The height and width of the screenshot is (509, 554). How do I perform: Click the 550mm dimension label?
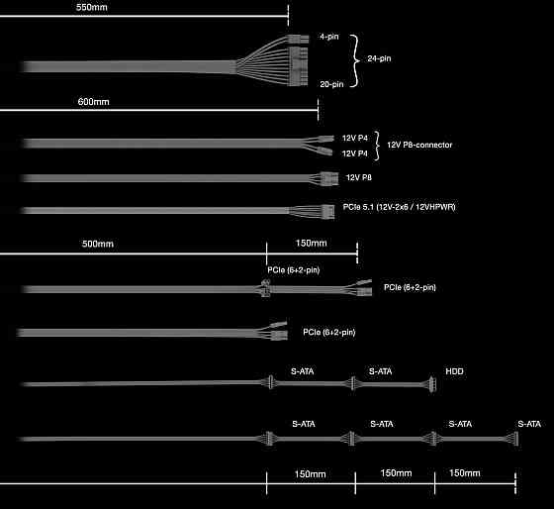(92, 7)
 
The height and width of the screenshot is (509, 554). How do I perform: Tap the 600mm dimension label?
(94, 102)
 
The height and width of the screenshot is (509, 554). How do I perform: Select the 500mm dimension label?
(98, 244)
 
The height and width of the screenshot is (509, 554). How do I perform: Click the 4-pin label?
(329, 37)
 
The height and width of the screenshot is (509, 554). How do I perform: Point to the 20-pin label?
(331, 84)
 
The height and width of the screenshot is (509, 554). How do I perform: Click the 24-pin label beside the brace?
(379, 58)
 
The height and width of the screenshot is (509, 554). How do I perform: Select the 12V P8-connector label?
(419, 145)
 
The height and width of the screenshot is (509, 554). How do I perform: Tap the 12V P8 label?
(358, 177)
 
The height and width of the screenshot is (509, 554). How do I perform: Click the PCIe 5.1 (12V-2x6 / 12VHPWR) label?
(400, 207)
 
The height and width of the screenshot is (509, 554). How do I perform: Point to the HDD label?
(454, 371)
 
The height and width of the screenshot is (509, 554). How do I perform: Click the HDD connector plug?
(432, 384)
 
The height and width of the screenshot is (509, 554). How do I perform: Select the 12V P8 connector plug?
(329, 178)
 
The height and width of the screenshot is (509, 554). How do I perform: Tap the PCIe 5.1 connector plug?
(327, 212)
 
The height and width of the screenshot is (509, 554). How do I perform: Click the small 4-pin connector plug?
(299, 39)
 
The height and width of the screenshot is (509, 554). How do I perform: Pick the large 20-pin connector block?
(299, 66)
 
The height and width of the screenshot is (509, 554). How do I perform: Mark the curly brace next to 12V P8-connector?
(377, 146)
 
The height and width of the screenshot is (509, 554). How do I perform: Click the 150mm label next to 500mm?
(312, 244)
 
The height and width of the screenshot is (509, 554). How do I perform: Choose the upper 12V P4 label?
(355, 138)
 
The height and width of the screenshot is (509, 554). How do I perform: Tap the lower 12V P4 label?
(355, 153)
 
